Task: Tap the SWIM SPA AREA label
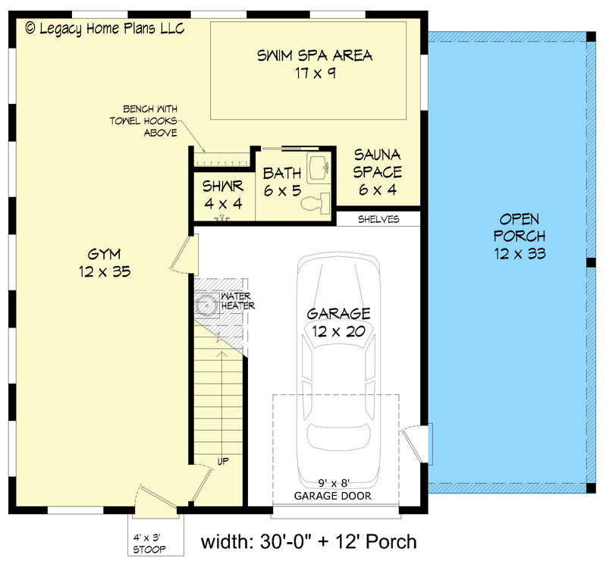314,64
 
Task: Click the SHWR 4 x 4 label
223,195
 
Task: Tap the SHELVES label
378,219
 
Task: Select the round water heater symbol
206,306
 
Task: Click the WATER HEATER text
237,301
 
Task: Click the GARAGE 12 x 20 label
338,321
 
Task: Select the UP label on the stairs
223,460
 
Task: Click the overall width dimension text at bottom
309,541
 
